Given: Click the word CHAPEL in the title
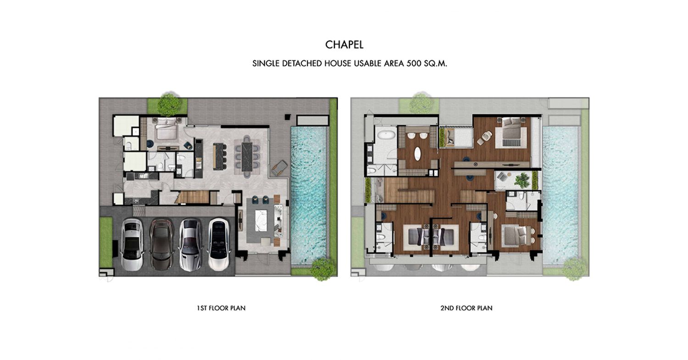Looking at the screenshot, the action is coord(344,45).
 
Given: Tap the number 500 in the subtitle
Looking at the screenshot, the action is coord(414,64).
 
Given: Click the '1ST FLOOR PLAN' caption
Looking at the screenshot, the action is coord(221,308).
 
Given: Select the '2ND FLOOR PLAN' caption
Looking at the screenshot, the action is coord(466,308).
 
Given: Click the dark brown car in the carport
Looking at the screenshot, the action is coord(162,244).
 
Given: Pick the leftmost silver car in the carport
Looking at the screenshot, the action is coord(133,244).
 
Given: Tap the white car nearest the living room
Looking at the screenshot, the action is coord(220,244).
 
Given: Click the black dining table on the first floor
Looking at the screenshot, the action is coord(247,157).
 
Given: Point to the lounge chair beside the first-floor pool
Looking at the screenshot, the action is coord(279,168).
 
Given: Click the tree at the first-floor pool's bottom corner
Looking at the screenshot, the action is coord(322,269).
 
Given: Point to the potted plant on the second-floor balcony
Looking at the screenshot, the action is coord(522,180).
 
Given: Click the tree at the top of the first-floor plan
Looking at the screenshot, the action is coord(169,103).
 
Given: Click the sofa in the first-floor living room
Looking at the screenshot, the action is coord(279,221).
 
